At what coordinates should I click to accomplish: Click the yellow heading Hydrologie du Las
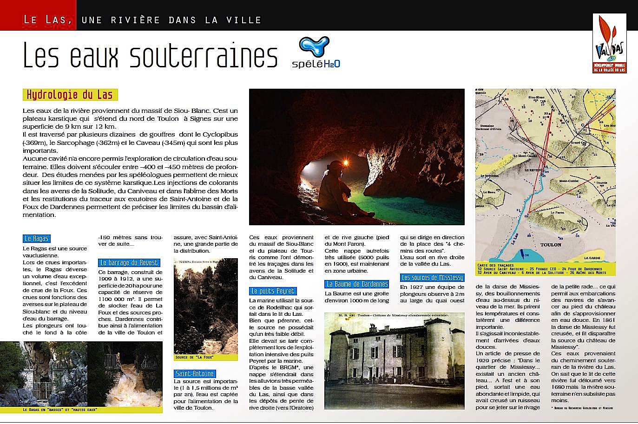click(x=70, y=95)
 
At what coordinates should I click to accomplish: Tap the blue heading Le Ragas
click(x=36, y=239)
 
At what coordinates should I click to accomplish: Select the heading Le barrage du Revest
click(x=129, y=263)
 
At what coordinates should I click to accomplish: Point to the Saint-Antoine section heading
click(x=195, y=374)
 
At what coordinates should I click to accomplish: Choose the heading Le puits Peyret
click(x=273, y=291)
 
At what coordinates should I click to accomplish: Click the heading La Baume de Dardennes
click(x=356, y=284)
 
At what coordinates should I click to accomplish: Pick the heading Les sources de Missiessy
click(x=432, y=278)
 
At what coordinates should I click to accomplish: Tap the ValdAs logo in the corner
click(x=609, y=42)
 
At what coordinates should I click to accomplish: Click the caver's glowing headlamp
click(x=346, y=162)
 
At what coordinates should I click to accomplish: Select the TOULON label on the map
click(x=551, y=245)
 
